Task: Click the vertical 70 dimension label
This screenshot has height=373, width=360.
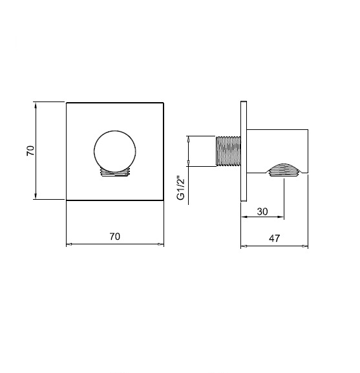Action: point(30,151)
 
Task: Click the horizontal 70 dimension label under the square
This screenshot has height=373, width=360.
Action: point(114,237)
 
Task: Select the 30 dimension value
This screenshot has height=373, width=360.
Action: point(263,210)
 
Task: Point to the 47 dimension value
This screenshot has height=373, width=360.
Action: point(273,238)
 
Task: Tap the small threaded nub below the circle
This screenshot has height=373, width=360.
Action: point(116,173)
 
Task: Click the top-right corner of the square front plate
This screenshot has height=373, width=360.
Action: point(164,102)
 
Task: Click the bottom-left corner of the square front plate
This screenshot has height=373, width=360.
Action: point(67,200)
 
